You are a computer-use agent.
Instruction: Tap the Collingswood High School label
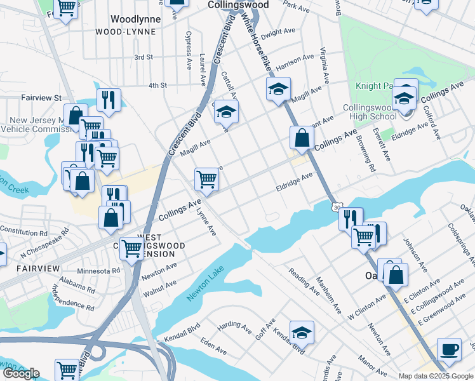point(370,112)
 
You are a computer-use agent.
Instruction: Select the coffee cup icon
point(450,349)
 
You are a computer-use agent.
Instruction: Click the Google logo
point(21,373)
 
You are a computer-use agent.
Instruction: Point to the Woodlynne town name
point(135,19)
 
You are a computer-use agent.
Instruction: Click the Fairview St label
point(41,98)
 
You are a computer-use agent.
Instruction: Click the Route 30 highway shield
point(335,207)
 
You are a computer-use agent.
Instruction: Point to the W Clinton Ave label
point(367,307)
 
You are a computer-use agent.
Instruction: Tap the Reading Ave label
point(304,281)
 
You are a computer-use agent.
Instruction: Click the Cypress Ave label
point(189,50)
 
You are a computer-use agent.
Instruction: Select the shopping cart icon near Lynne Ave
point(206,180)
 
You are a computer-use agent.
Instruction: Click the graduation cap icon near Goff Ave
point(302,332)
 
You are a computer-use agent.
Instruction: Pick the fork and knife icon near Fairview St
point(109,100)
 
